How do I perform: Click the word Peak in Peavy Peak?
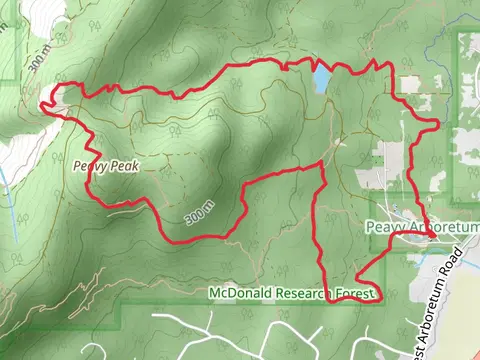tap(121, 167)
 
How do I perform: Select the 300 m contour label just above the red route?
tap(199, 213)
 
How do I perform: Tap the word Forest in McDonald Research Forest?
tap(364, 293)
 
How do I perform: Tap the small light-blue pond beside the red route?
tap(321, 80)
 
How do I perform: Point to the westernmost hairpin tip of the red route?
tap(44, 100)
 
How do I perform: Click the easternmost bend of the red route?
tap(438, 123)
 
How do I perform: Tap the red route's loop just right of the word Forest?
tap(380, 294)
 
